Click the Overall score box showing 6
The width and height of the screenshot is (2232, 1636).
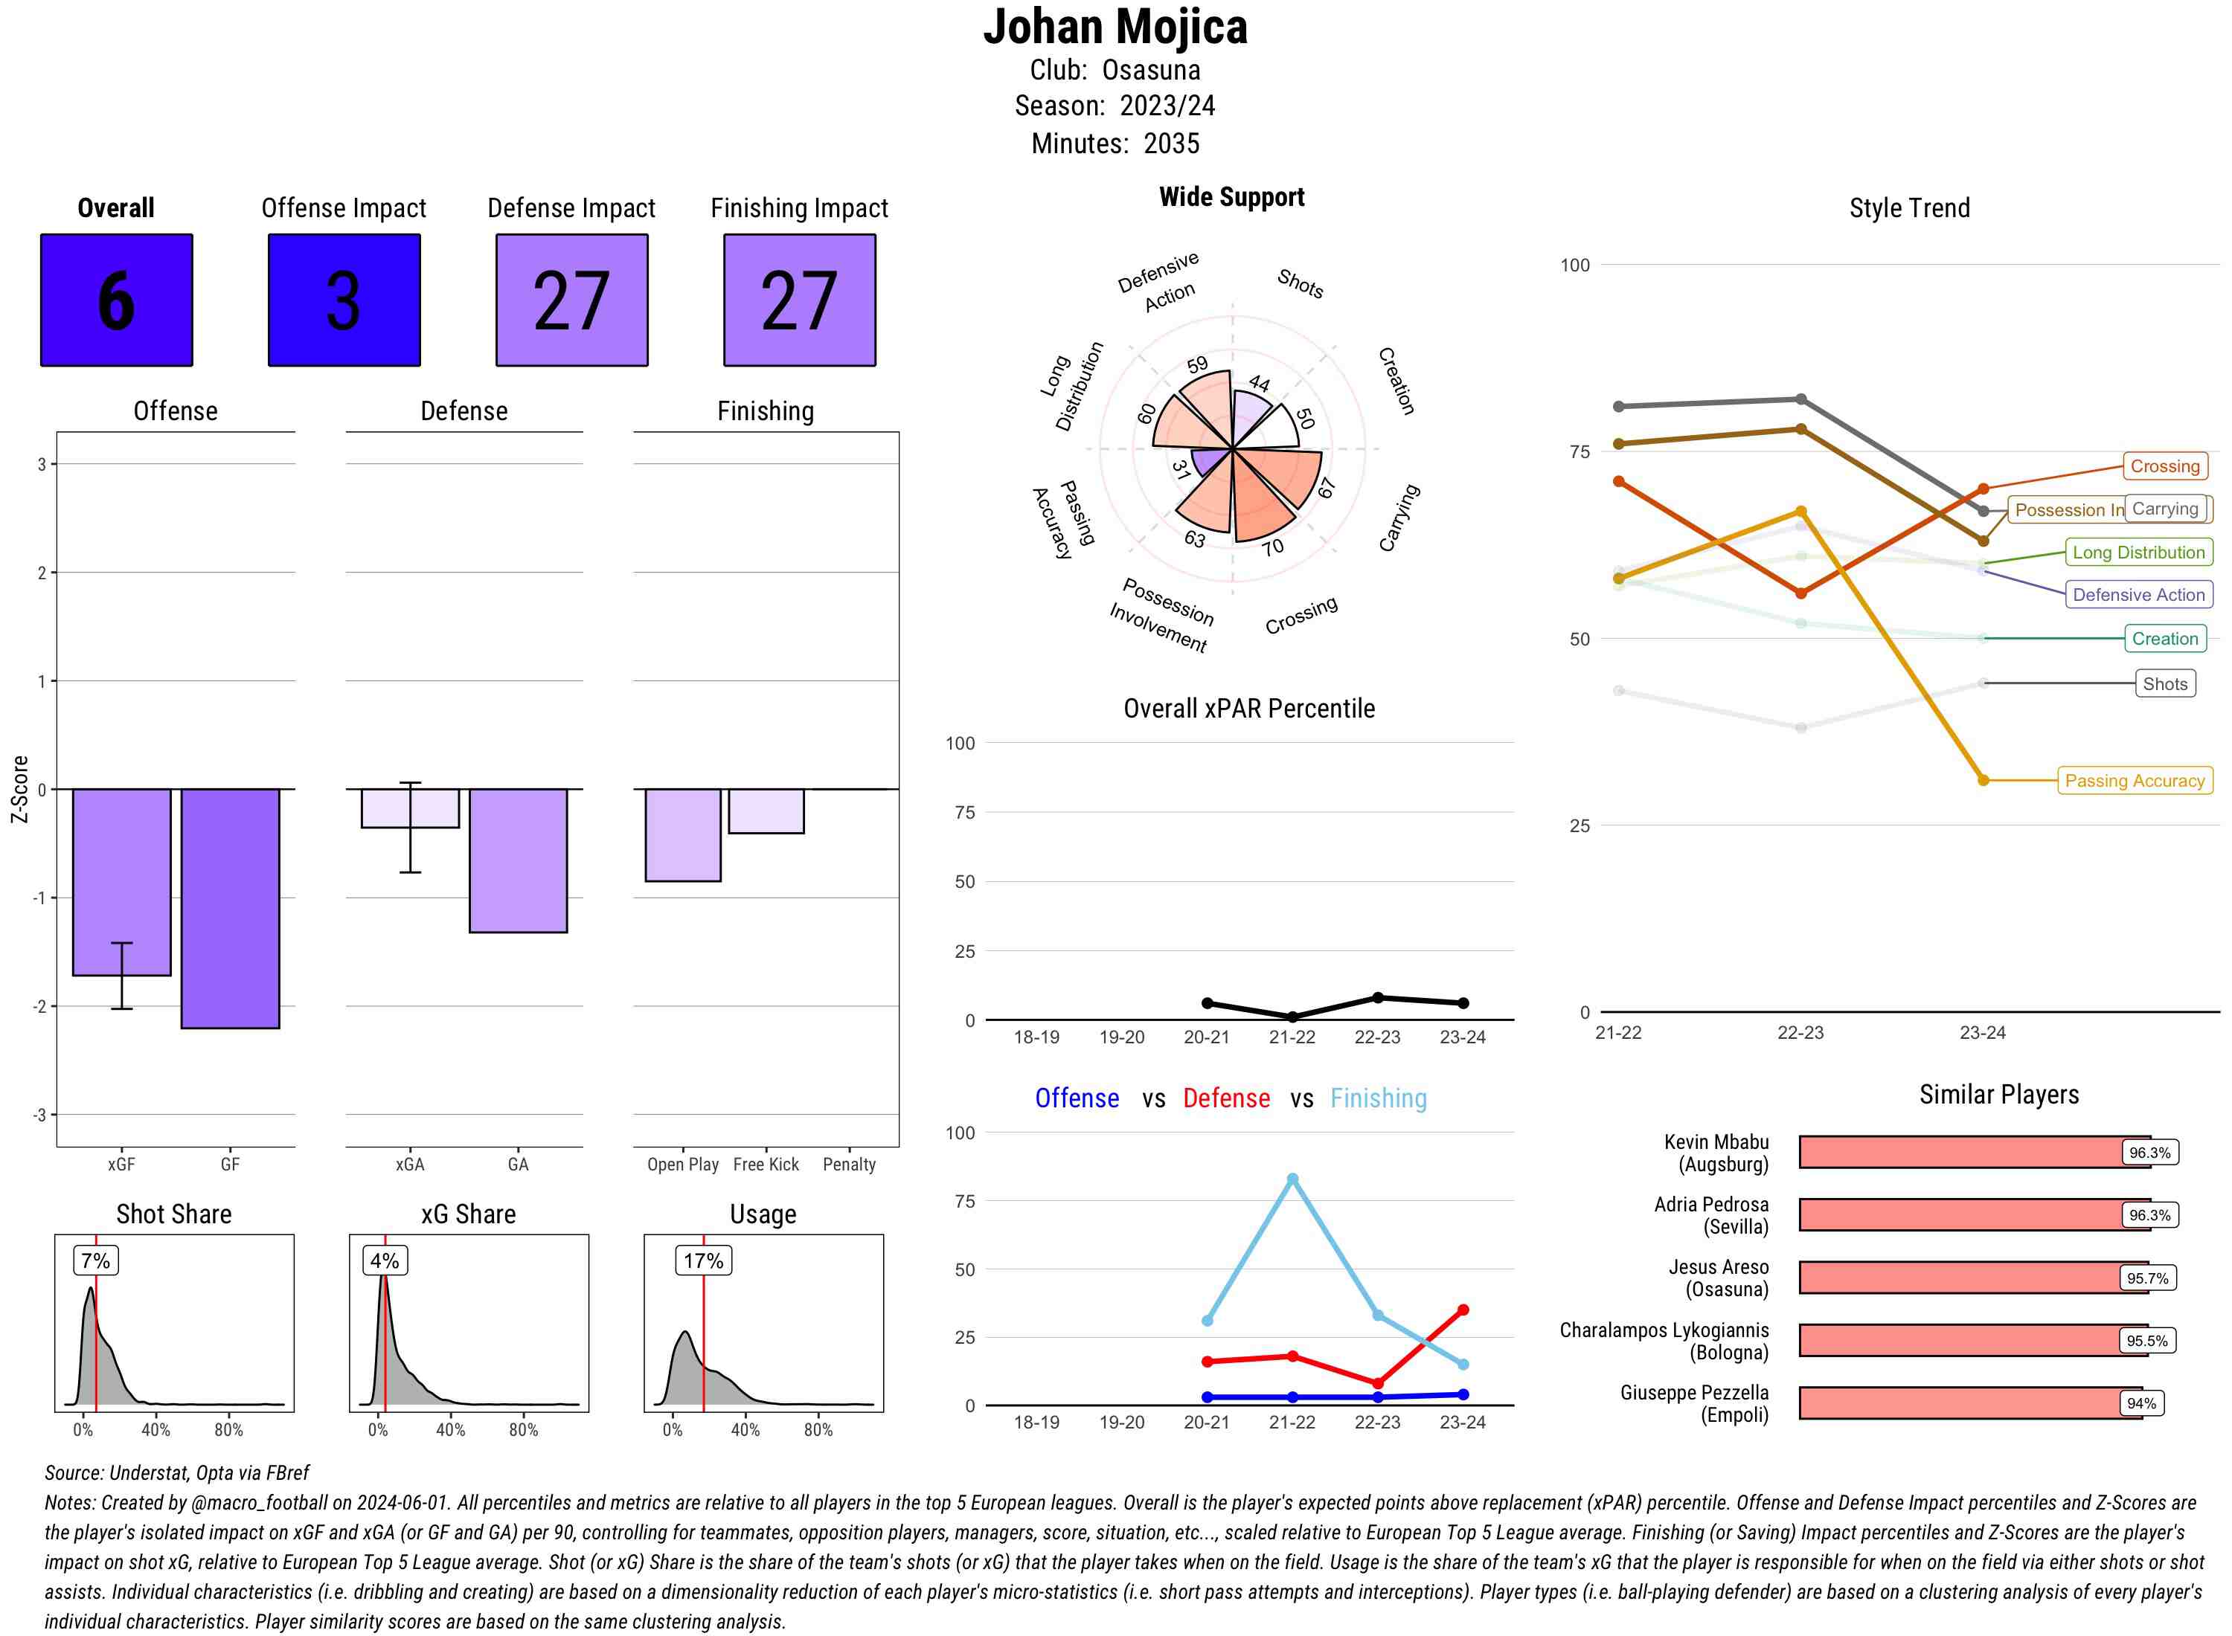click(116, 300)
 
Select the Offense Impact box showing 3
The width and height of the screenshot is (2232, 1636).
click(344, 300)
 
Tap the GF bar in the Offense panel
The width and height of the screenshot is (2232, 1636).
click(230, 908)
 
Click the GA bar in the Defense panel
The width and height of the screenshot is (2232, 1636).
click(518, 860)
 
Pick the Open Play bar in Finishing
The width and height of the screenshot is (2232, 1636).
click(682, 835)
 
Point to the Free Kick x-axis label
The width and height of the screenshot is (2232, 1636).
click(766, 1165)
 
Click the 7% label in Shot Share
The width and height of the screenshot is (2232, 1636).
click(96, 1260)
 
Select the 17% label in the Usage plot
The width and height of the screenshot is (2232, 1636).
click(703, 1260)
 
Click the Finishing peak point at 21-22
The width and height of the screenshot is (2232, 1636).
click(1292, 1179)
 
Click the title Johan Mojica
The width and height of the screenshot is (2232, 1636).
click(1115, 28)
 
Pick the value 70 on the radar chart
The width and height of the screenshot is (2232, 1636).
click(1273, 547)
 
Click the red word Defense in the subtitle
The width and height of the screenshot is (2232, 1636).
click(1225, 1098)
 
